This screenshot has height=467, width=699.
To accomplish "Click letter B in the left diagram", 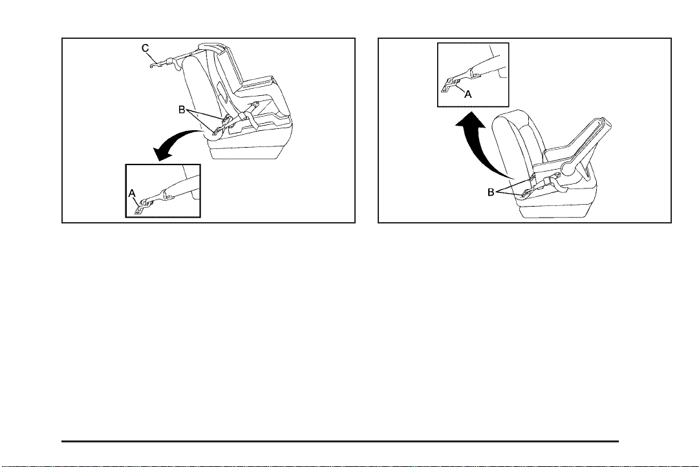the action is click(x=183, y=109).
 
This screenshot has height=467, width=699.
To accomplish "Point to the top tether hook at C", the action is click(x=153, y=63).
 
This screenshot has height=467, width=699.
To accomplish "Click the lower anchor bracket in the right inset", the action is click(x=446, y=85).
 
